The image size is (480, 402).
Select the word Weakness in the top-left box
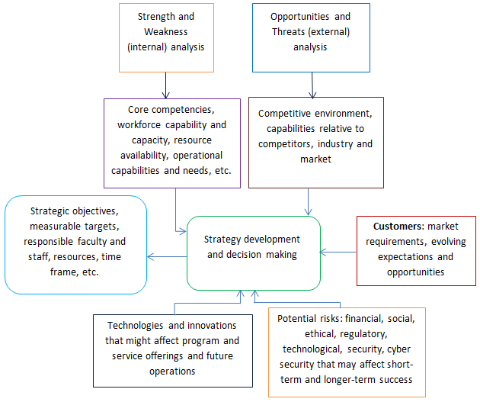coord(165,31)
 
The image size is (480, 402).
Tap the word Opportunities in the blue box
coord(299,17)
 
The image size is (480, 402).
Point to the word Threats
coord(288,31)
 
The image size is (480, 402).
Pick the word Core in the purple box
coord(138,109)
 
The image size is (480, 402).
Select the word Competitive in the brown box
coord(284,114)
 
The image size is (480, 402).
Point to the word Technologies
coord(135,326)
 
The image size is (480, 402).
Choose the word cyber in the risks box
coord(398,349)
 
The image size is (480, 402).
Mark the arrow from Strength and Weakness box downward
coord(165,85)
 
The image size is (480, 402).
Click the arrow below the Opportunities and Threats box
coord(312,85)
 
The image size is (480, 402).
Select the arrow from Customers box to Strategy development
coord(338,252)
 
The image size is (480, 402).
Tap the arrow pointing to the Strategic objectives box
coord(167,256)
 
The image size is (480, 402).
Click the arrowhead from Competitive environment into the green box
coord(308,212)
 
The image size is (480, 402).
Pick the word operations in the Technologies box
coord(172,371)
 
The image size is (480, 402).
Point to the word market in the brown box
coord(315,159)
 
